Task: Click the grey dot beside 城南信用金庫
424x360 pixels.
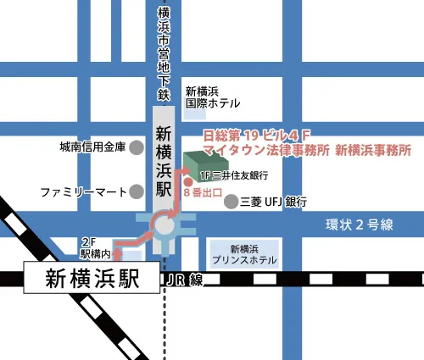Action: pos(137,147)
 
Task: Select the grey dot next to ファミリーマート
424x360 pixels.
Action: pos(137,191)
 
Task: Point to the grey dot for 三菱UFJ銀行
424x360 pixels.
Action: pos(230,202)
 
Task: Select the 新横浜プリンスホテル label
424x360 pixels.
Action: pos(243,254)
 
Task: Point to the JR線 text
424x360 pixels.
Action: pos(186,280)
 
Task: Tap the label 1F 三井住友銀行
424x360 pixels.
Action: pos(234,175)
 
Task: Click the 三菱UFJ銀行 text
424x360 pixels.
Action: pos(273,202)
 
